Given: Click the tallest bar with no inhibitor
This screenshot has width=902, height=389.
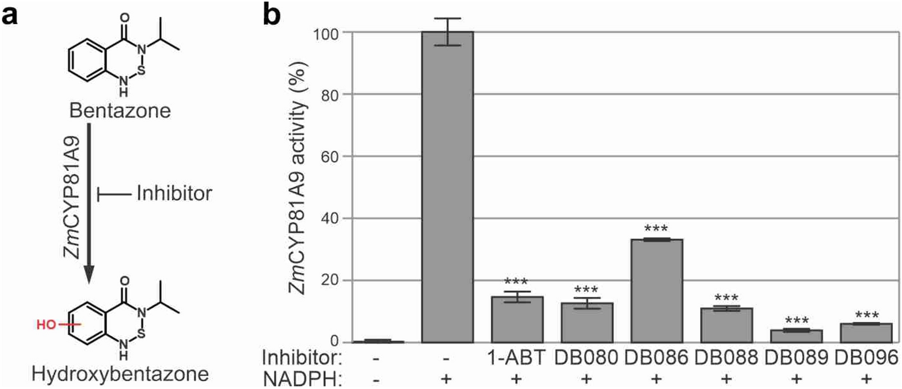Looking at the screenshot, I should [x=447, y=187].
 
